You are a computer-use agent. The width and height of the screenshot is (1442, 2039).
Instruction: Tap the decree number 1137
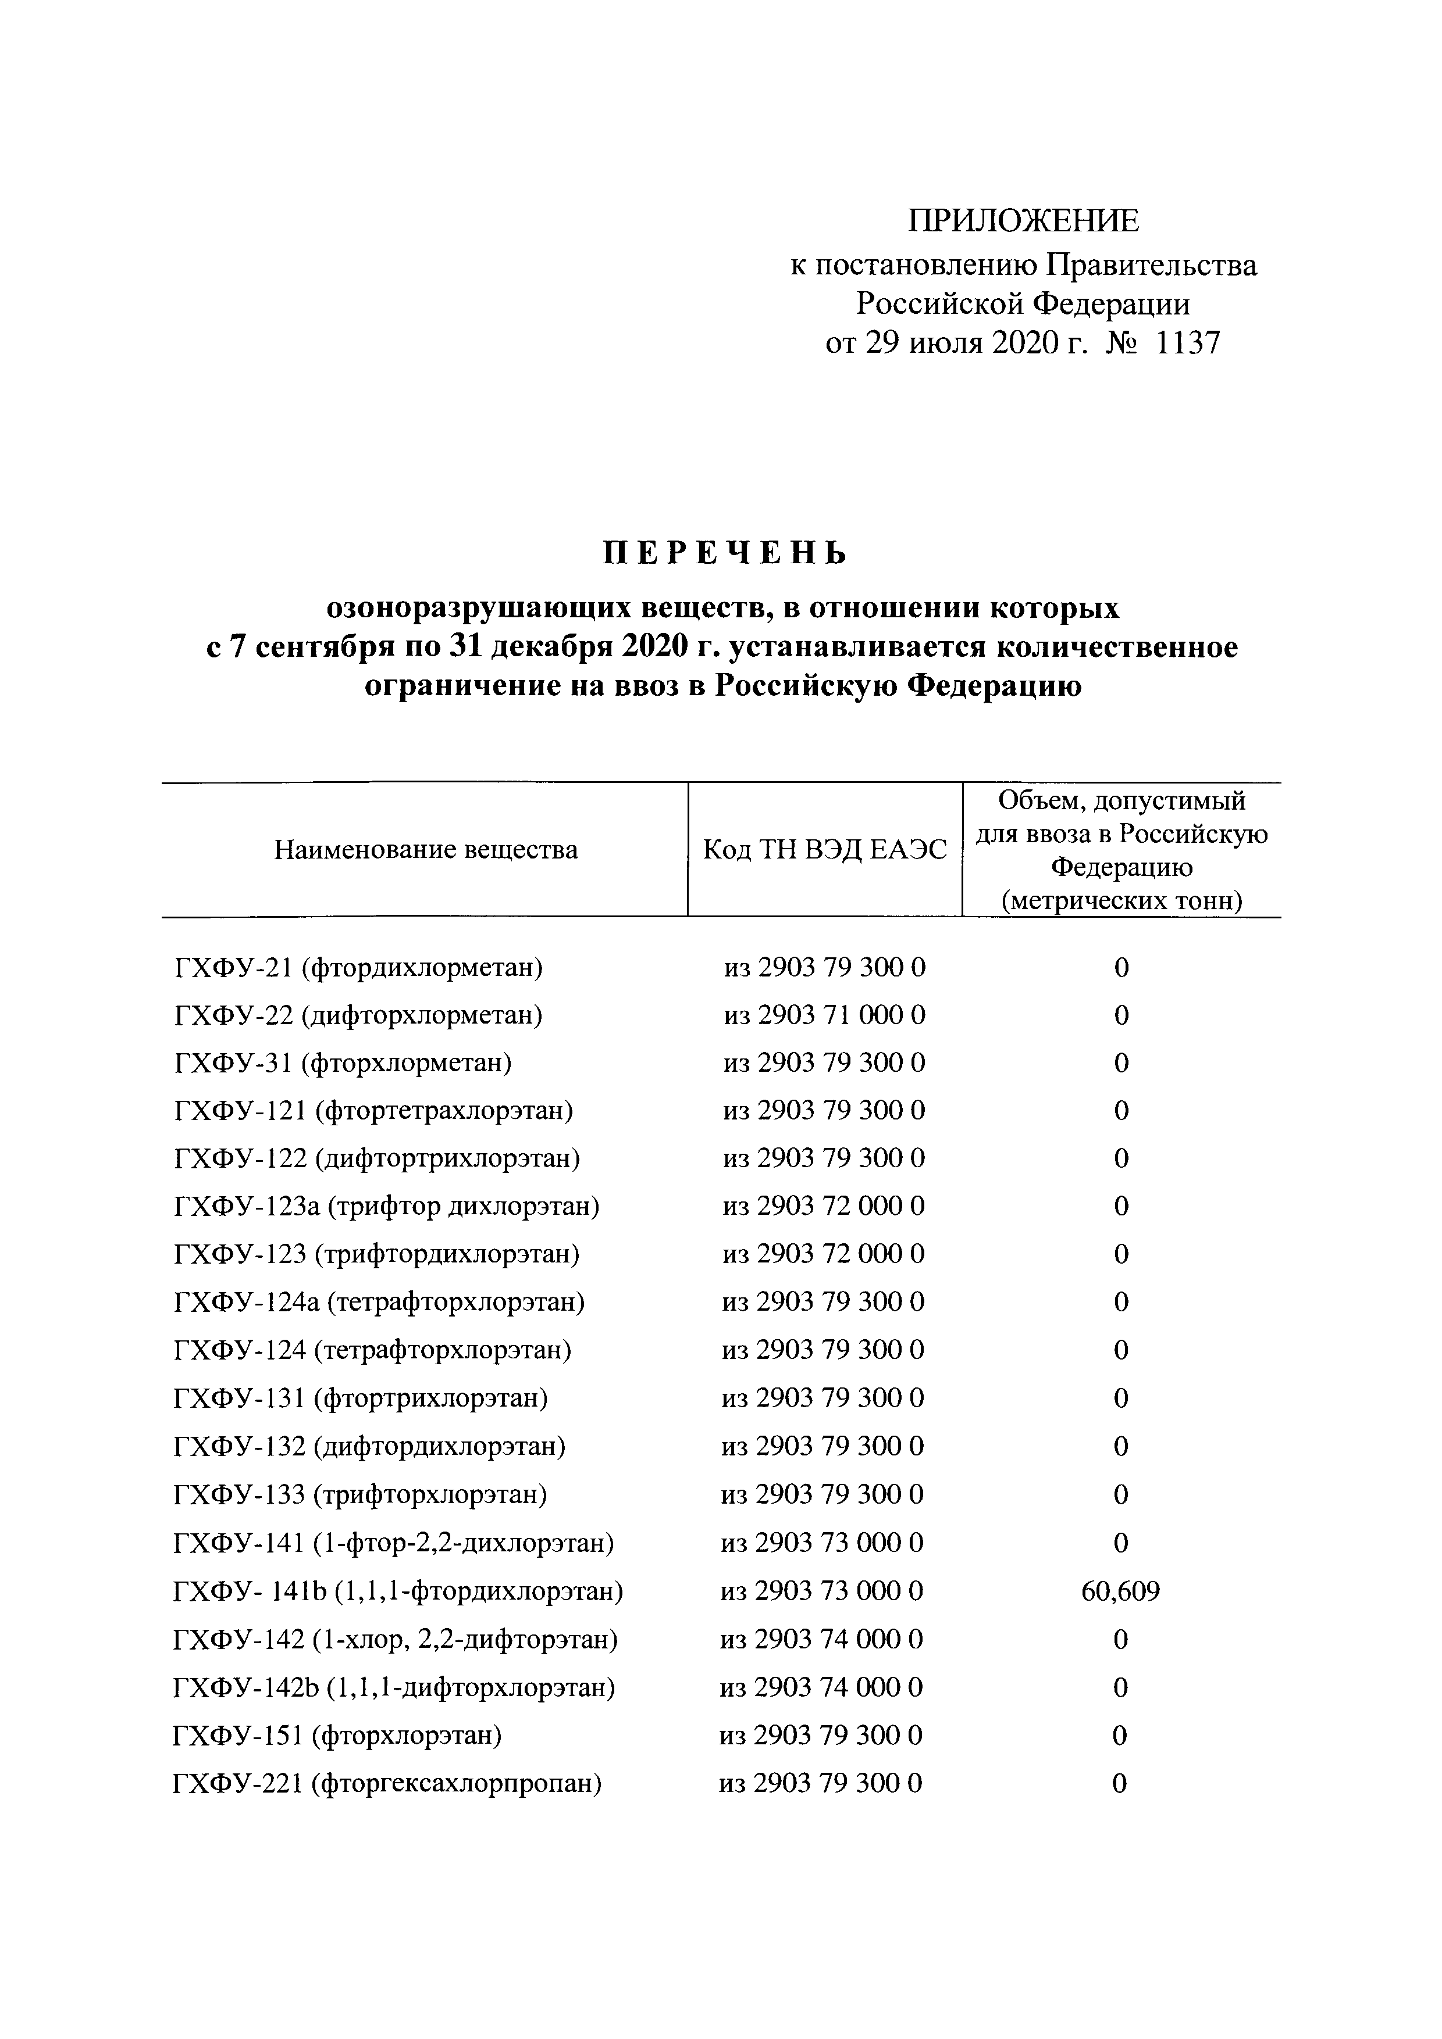(x=1188, y=343)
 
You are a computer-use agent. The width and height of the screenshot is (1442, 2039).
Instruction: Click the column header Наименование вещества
(x=426, y=850)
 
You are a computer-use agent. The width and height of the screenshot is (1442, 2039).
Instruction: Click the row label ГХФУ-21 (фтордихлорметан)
(x=359, y=967)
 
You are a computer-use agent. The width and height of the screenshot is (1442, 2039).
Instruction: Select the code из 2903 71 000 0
(x=824, y=1015)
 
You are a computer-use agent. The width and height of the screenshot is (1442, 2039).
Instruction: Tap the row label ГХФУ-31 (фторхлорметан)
(x=344, y=1063)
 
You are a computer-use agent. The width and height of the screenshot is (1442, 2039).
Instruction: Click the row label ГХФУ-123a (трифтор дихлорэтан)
(x=386, y=1206)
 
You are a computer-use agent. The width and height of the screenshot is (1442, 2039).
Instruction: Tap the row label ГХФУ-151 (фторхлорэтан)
(x=337, y=1734)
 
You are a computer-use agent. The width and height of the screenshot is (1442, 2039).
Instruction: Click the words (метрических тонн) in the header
(x=1121, y=900)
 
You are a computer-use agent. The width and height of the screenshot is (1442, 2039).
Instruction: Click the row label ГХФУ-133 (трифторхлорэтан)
(x=360, y=1494)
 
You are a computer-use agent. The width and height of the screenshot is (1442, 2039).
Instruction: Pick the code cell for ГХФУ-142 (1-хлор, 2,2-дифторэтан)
(x=822, y=1639)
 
